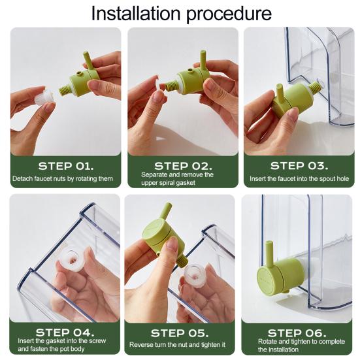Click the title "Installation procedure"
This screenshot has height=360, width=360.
point(182,14)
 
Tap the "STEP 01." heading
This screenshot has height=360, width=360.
point(66,166)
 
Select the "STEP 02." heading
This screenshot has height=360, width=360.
point(183,166)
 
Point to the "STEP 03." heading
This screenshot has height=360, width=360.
point(299,166)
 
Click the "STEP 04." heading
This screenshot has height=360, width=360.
point(65,332)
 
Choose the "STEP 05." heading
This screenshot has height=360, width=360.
point(180,333)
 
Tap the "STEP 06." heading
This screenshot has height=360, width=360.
point(297,333)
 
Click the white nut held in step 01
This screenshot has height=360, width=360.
point(44,98)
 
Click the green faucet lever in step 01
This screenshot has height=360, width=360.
point(88,60)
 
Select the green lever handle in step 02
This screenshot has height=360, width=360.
point(203,59)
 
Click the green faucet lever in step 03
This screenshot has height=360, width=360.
point(280,93)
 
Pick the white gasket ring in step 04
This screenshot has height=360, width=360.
point(71,260)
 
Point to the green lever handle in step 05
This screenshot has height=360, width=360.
point(167,211)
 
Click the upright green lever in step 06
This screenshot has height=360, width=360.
point(269,252)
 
